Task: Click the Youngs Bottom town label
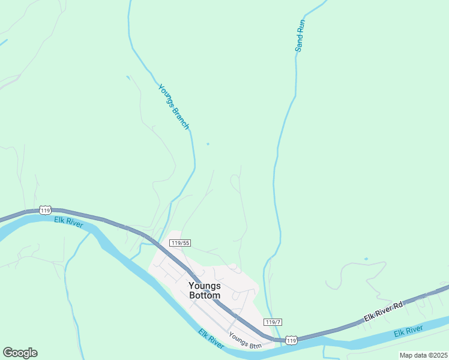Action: pos(204,290)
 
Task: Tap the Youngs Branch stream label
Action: pos(173,107)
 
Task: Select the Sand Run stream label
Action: pos(300,35)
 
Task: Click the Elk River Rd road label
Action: pos(383,314)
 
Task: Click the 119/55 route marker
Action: pos(180,243)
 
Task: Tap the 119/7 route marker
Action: pos(273,322)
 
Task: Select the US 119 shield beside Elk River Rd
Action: pos(291,340)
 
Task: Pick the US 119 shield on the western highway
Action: pos(45,209)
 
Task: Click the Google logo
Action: pos(20,353)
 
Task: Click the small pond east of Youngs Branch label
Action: pos(208,144)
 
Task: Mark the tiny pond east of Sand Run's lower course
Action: pos(366,259)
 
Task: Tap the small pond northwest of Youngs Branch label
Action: pos(128,77)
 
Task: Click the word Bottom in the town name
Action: pos(204,296)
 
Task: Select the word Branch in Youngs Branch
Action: pos(180,117)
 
